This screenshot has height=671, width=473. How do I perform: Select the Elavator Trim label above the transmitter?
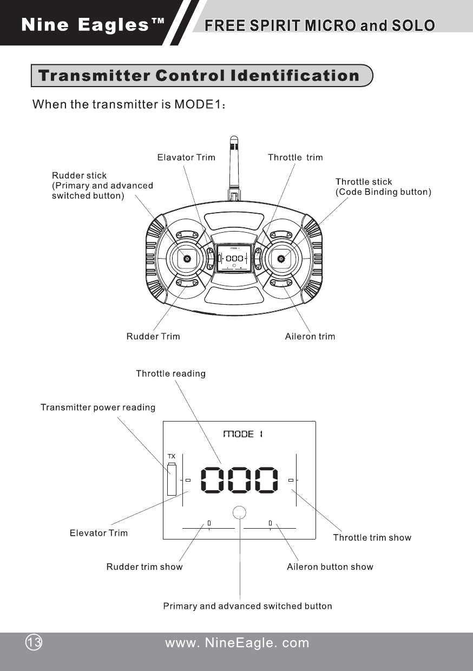[186, 157]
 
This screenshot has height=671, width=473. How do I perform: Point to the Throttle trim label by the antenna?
[295, 157]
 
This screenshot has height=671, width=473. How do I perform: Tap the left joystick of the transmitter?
[187, 259]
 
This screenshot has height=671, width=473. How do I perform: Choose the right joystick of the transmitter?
[281, 259]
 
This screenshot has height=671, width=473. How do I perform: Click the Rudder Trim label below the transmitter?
[153, 337]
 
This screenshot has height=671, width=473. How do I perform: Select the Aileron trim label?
[310, 337]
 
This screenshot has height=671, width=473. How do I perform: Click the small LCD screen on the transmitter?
[234, 258]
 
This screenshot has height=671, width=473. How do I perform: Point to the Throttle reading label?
[170, 374]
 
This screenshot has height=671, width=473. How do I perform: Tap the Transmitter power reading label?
[98, 407]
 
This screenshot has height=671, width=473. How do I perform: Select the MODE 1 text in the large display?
[243, 434]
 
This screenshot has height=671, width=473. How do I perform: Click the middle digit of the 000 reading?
[240, 480]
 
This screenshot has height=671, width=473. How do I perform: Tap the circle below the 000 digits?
[239, 512]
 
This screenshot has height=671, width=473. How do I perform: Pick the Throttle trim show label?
[372, 538]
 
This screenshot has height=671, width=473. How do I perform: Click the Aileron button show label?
[330, 567]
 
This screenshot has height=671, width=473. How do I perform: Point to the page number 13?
[34, 643]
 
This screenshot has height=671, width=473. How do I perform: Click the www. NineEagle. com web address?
[237, 643]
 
